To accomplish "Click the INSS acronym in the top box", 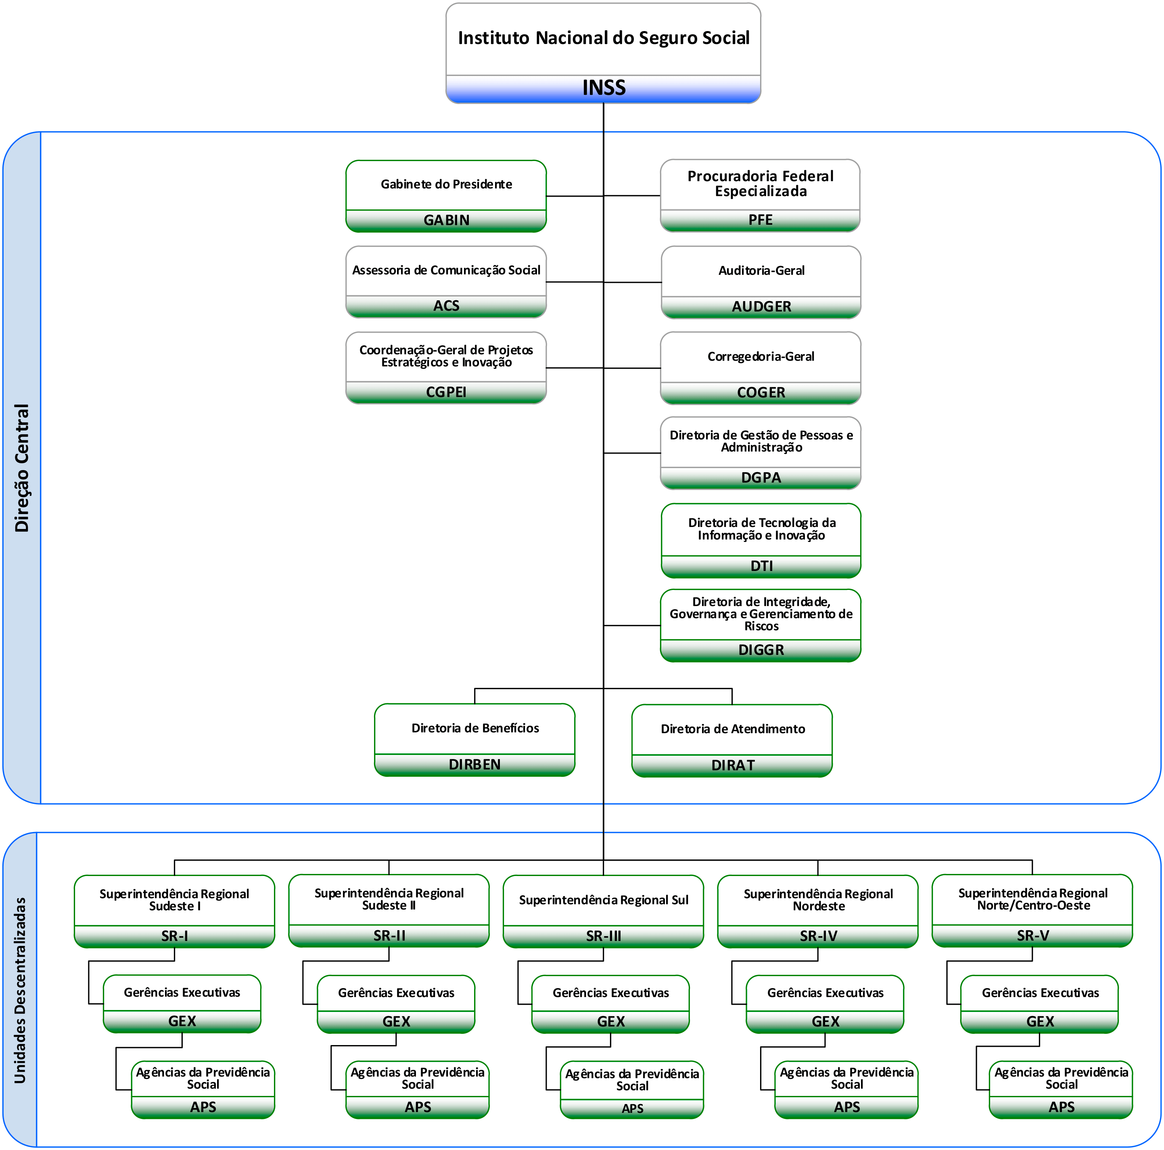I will [603, 88].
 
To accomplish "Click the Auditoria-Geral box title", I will [761, 270].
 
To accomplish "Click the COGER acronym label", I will [761, 393].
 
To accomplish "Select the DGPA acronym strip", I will [761, 478].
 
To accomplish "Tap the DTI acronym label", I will [761, 566].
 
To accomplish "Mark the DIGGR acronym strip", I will [761, 650].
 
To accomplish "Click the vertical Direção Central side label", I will [22, 468].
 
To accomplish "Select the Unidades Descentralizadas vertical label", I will [20, 990].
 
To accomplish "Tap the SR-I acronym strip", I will [174, 936].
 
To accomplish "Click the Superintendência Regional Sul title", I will [603, 899].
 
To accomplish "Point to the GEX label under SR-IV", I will [825, 1021].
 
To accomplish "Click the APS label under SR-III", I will [632, 1108].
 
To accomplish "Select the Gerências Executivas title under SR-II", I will [396, 992].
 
